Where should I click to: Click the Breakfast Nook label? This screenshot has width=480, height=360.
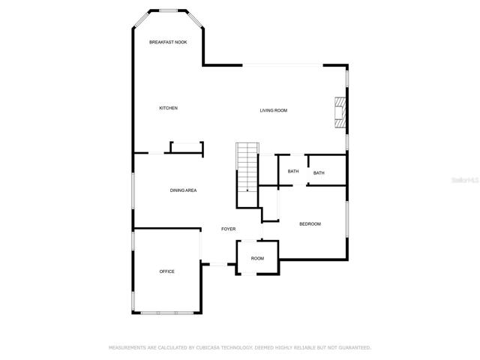click(168, 42)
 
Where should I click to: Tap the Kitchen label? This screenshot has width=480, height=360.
click(168, 108)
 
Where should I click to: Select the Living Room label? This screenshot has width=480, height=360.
click(274, 110)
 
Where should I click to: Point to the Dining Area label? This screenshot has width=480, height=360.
click(183, 190)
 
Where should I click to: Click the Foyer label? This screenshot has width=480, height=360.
click(228, 229)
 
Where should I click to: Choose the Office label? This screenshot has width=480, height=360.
click(166, 271)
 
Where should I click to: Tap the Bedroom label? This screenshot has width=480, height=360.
click(310, 224)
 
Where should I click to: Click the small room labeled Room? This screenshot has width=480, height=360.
click(257, 258)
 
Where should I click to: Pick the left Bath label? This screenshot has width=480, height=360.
click(293, 172)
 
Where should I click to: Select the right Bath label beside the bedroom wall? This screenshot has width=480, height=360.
click(319, 173)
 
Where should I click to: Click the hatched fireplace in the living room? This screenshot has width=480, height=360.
click(340, 112)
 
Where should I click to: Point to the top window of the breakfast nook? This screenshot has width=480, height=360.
click(168, 11)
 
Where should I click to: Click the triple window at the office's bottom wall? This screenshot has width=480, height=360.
click(167, 313)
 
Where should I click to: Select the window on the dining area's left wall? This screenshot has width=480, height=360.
click(133, 190)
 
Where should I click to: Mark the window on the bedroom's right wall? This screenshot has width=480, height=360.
click(347, 219)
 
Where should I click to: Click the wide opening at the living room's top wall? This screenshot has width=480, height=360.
click(283, 65)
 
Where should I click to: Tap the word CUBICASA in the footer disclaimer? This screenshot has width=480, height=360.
click(208, 348)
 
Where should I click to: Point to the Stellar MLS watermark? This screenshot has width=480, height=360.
click(465, 180)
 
